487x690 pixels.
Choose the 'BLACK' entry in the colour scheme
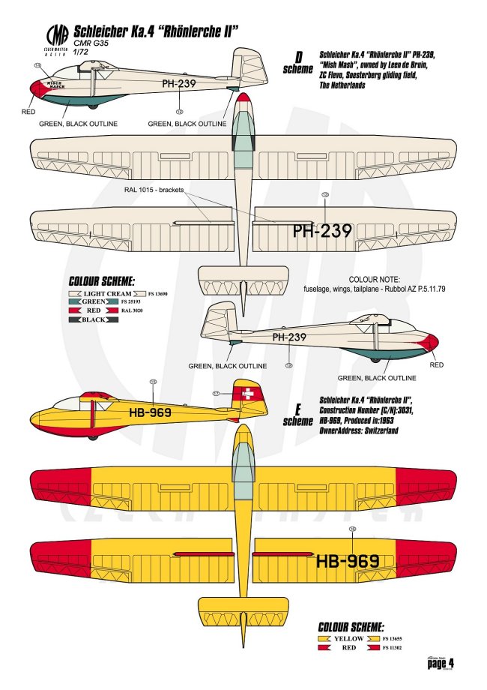click(x=94, y=319)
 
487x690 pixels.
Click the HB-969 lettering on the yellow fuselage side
click(x=150, y=412)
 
